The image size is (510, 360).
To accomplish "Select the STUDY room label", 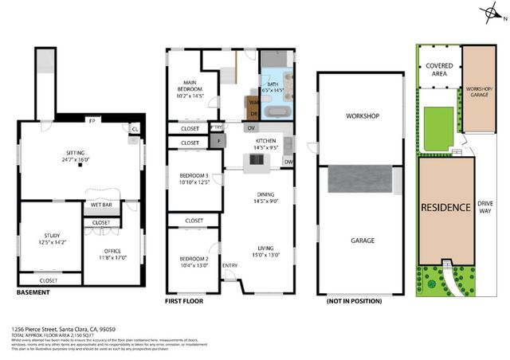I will click(x=49, y=238).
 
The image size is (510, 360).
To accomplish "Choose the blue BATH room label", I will click(x=273, y=84).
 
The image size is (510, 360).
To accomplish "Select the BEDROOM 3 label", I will click(x=194, y=178).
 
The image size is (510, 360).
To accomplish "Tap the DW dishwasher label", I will click(x=288, y=162).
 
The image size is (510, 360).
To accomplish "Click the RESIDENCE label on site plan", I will click(x=445, y=207).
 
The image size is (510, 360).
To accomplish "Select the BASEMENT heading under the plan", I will click(x=33, y=292).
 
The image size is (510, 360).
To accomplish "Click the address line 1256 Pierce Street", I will click(x=64, y=328).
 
